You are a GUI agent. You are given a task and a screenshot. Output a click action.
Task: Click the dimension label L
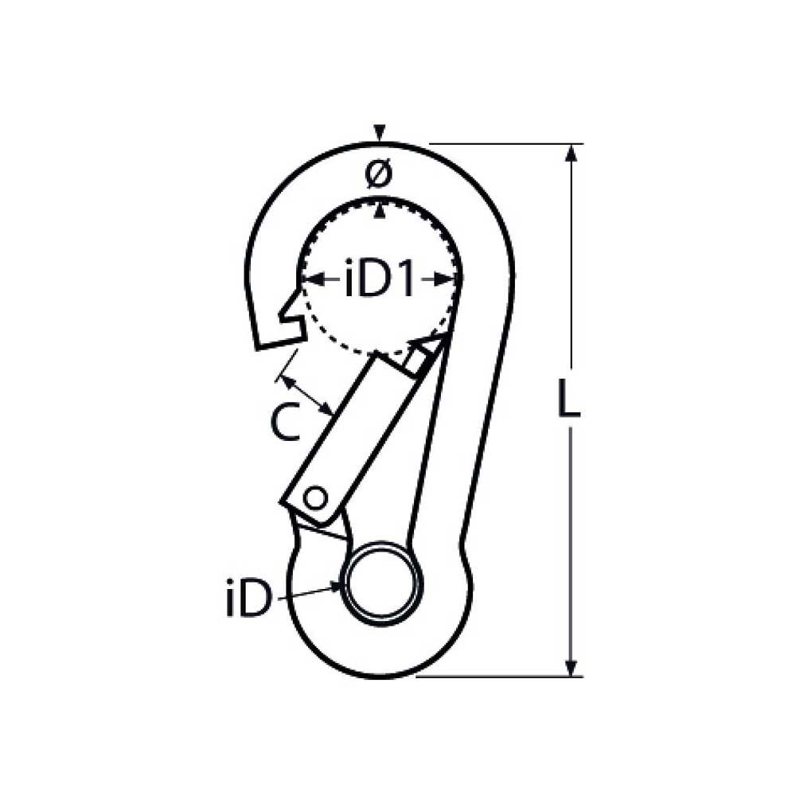[x=568, y=400]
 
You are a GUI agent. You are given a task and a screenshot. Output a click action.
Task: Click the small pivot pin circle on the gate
[x=316, y=499]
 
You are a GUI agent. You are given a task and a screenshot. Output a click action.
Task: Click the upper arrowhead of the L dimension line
[x=570, y=154]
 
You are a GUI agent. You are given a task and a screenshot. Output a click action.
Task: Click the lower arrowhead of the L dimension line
[x=570, y=667]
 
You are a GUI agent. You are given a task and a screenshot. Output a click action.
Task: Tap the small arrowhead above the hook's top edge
[x=381, y=133]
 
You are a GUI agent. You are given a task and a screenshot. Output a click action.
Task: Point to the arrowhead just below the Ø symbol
[x=381, y=210]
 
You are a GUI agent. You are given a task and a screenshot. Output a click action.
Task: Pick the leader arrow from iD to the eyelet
[x=310, y=591]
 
